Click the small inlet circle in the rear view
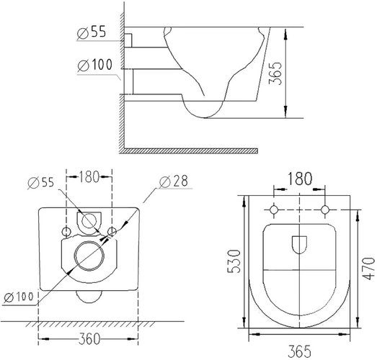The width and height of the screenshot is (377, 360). point(90,220)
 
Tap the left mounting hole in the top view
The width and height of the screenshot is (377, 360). point(273,210)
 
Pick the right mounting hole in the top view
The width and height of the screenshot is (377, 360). point(325,210)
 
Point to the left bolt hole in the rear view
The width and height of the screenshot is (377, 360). point(66,231)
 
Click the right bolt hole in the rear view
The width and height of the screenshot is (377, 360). point(112,231)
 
